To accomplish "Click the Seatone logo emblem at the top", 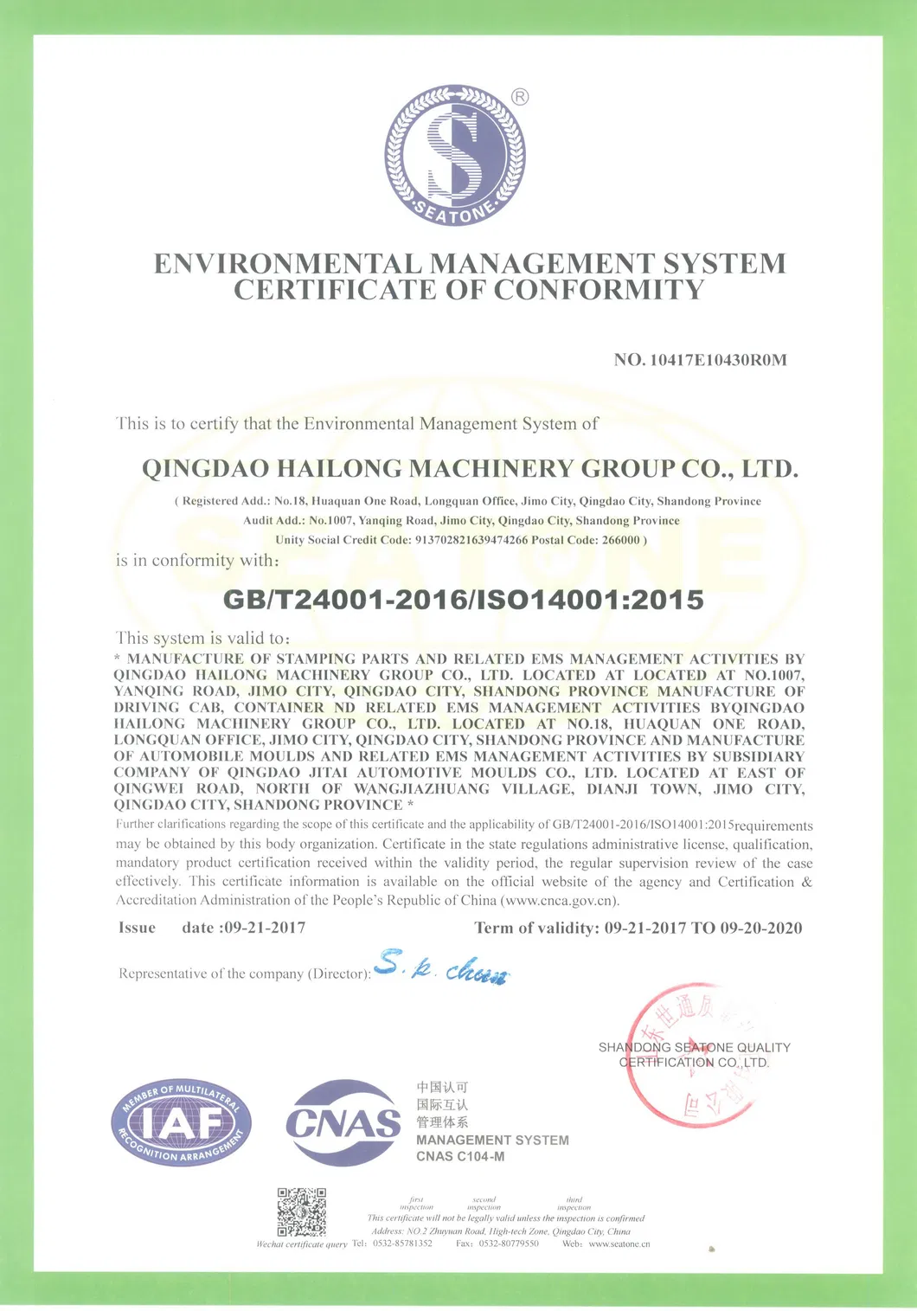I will tap(454, 155).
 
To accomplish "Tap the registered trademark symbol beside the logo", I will tap(520, 97).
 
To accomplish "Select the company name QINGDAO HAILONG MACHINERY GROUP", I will tap(469, 469).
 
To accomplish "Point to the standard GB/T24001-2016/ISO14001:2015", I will tap(464, 600).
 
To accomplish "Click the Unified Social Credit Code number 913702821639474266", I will tap(471, 540).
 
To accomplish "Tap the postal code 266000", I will tap(621, 540).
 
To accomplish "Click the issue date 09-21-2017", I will tap(265, 928).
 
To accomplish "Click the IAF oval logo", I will tap(181, 1123).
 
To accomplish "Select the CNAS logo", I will tap(343, 1122).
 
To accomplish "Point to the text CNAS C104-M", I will tap(460, 1157).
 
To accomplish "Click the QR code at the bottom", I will tap(301, 1211).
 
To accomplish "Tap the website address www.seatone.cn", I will tap(619, 1244).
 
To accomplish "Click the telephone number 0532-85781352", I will tap(402, 1244).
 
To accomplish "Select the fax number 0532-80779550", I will tap(509, 1244).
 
